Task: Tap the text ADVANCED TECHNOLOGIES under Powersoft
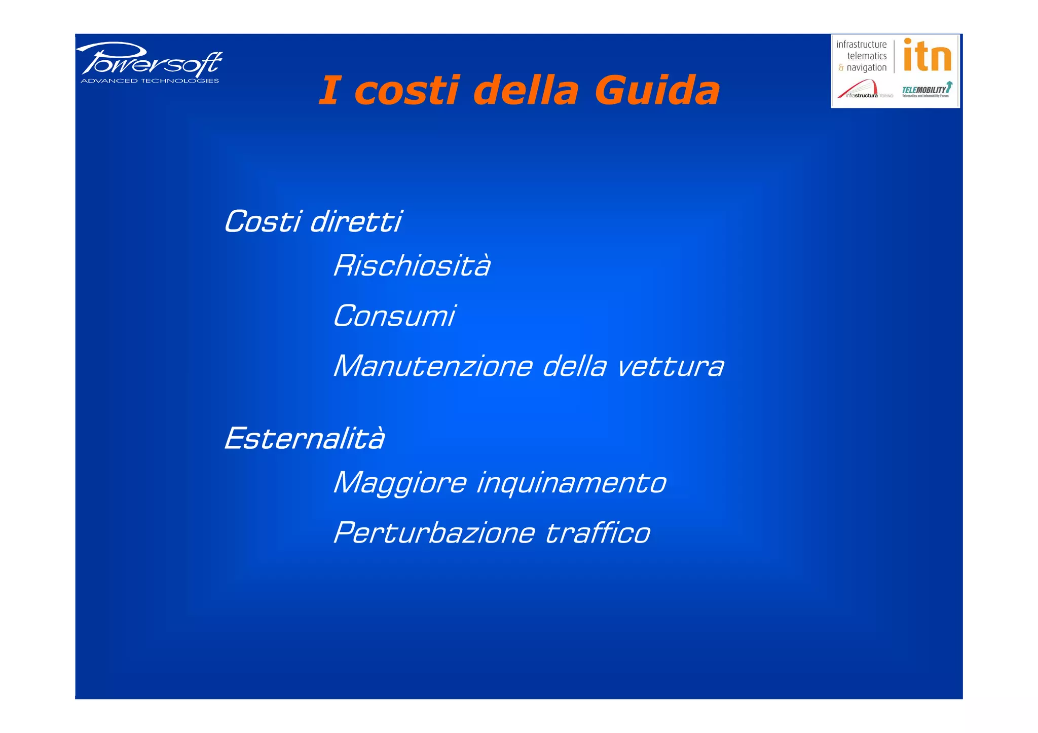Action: [x=150, y=81]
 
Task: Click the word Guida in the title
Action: [x=657, y=91]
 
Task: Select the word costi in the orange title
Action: [x=407, y=91]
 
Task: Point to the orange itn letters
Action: [x=927, y=55]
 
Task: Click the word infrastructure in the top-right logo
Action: [x=861, y=45]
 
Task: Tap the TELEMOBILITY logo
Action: [x=926, y=90]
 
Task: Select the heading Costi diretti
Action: [x=313, y=222]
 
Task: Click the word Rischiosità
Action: [x=412, y=265]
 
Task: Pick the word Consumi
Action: [x=394, y=316]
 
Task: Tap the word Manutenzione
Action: [x=433, y=366]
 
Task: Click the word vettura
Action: [x=670, y=366]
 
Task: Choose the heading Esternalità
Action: [x=305, y=439]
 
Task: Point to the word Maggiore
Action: [x=400, y=483]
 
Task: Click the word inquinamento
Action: [x=571, y=483]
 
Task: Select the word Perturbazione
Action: [x=434, y=533]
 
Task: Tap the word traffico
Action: [x=598, y=533]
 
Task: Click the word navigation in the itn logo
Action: [x=866, y=67]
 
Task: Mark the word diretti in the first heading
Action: [x=356, y=222]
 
